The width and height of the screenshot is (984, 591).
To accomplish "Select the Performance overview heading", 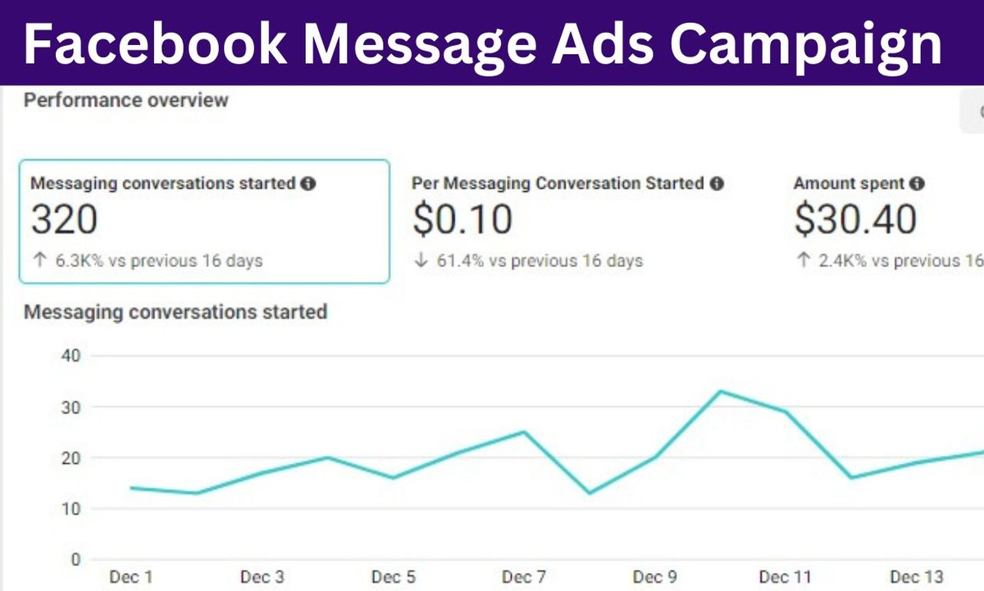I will coord(126,101).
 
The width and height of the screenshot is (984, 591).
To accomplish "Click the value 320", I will coord(64,220).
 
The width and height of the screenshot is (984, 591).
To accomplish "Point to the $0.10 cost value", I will coord(462,220).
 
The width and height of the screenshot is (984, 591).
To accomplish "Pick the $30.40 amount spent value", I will coord(855,220).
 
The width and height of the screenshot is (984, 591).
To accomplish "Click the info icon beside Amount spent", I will coord(917,184).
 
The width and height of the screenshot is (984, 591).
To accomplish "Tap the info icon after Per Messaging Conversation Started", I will coord(717,184).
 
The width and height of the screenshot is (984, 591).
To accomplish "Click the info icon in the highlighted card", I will coord(308,184).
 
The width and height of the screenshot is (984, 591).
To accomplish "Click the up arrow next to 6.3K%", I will coord(39,261).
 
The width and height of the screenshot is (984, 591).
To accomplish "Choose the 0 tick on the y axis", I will coord(75,560).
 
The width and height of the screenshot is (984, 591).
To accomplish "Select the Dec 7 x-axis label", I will coord(523,577).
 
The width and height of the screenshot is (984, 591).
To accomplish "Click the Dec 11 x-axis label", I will coord(786,577).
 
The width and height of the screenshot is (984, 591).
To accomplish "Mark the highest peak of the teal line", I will coord(720,391).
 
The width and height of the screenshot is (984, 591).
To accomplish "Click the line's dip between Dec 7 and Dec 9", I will coord(590,493).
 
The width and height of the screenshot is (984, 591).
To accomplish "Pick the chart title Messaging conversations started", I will coord(175,312).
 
